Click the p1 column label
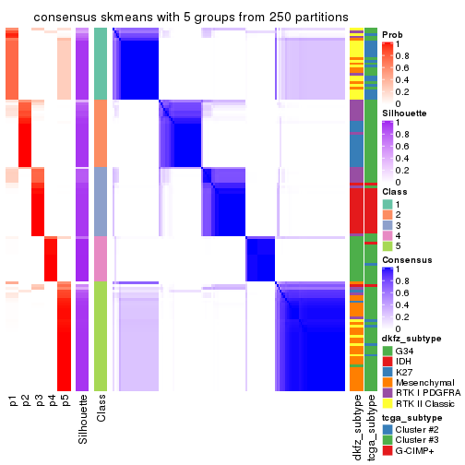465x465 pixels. coord(12,400)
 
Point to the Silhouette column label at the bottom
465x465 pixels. coord(82,415)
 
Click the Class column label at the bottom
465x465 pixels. coord(101,406)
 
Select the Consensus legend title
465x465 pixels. coord(406,261)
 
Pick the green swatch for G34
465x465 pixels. coord(387,351)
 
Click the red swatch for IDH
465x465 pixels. coord(387,363)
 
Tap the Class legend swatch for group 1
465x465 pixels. coord(387,203)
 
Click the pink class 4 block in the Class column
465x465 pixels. coord(101,258)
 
